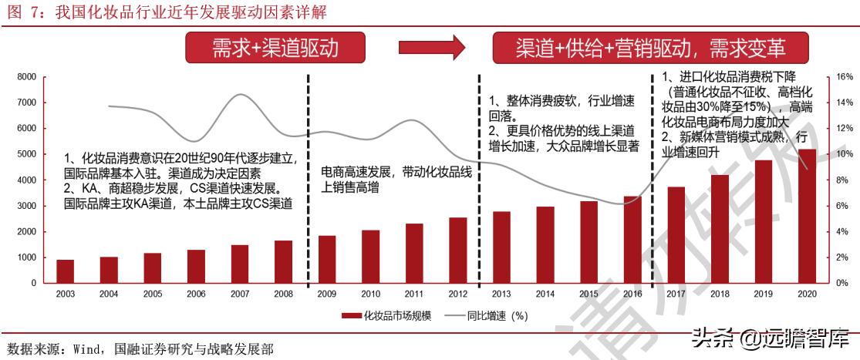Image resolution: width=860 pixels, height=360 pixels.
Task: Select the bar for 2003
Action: click(x=65, y=271)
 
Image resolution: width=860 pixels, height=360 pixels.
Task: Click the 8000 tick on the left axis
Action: click(x=27, y=77)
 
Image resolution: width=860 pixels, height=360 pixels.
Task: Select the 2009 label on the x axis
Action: click(x=327, y=294)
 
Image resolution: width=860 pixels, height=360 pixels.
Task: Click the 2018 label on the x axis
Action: click(x=720, y=294)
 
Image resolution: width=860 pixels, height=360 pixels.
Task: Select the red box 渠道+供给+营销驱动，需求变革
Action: click(x=650, y=48)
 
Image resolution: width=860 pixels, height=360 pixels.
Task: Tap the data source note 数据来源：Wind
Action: click(x=139, y=350)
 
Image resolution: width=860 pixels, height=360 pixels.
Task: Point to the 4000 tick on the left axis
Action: click(x=27, y=180)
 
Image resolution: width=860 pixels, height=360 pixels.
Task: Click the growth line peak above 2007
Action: click(x=239, y=94)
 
